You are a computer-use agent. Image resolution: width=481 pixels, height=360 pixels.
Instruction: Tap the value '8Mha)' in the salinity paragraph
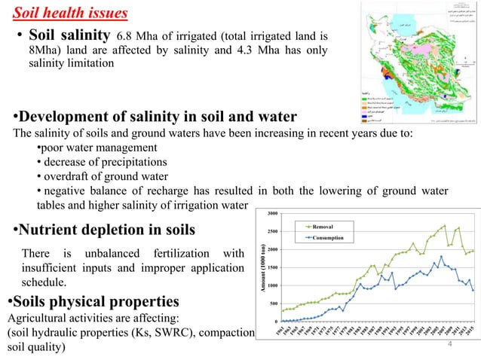(x=44, y=50)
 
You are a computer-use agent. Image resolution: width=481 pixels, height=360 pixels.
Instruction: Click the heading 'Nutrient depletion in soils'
(x=106, y=229)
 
